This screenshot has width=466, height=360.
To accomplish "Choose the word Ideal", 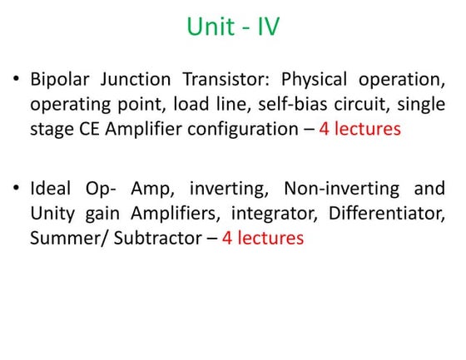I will (52, 188).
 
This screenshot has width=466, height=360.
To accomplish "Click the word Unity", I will (52, 214).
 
